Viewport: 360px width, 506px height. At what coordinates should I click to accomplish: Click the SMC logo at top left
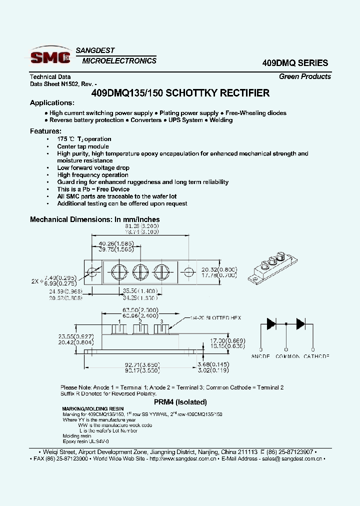click(50, 56)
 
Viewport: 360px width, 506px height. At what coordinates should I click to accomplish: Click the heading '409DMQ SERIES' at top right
click(295, 63)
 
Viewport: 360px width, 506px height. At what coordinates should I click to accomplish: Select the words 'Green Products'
click(304, 76)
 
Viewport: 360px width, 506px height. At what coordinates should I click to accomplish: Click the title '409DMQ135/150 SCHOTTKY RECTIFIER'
click(180, 93)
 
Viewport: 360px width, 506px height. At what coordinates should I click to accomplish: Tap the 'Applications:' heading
click(52, 103)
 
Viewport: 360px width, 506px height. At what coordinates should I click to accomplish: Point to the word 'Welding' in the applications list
click(221, 120)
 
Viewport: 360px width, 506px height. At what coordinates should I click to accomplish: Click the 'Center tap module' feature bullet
click(82, 146)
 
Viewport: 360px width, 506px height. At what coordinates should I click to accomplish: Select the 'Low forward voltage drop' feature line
click(93, 168)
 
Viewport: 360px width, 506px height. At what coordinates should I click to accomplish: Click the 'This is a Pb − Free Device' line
click(93, 189)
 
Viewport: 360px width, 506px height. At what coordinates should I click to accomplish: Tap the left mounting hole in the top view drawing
click(92, 271)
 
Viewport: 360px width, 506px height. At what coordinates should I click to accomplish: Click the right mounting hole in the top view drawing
click(188, 272)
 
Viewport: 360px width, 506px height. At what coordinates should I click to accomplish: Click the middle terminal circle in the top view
click(140, 272)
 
